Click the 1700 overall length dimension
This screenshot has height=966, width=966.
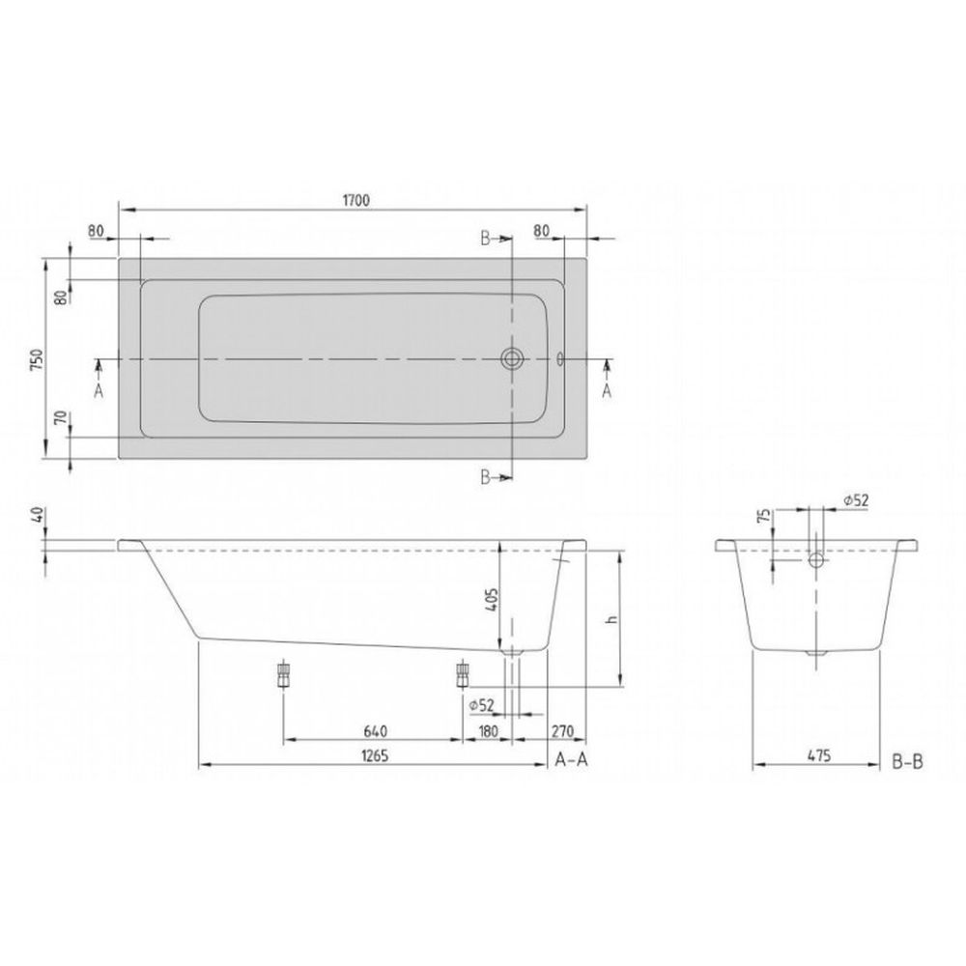tap(356, 200)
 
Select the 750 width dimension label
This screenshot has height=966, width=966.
tap(37, 359)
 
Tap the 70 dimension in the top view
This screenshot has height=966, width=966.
tap(60, 418)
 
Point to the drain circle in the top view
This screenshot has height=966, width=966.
tap(511, 358)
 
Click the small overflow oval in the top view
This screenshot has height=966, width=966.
tap(560, 358)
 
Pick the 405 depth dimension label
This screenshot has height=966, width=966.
tap(492, 600)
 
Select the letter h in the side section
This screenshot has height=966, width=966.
tap(611, 619)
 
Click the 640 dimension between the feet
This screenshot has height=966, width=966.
tap(375, 731)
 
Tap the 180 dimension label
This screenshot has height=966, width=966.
tap(487, 731)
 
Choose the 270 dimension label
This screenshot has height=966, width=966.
tap(562, 731)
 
